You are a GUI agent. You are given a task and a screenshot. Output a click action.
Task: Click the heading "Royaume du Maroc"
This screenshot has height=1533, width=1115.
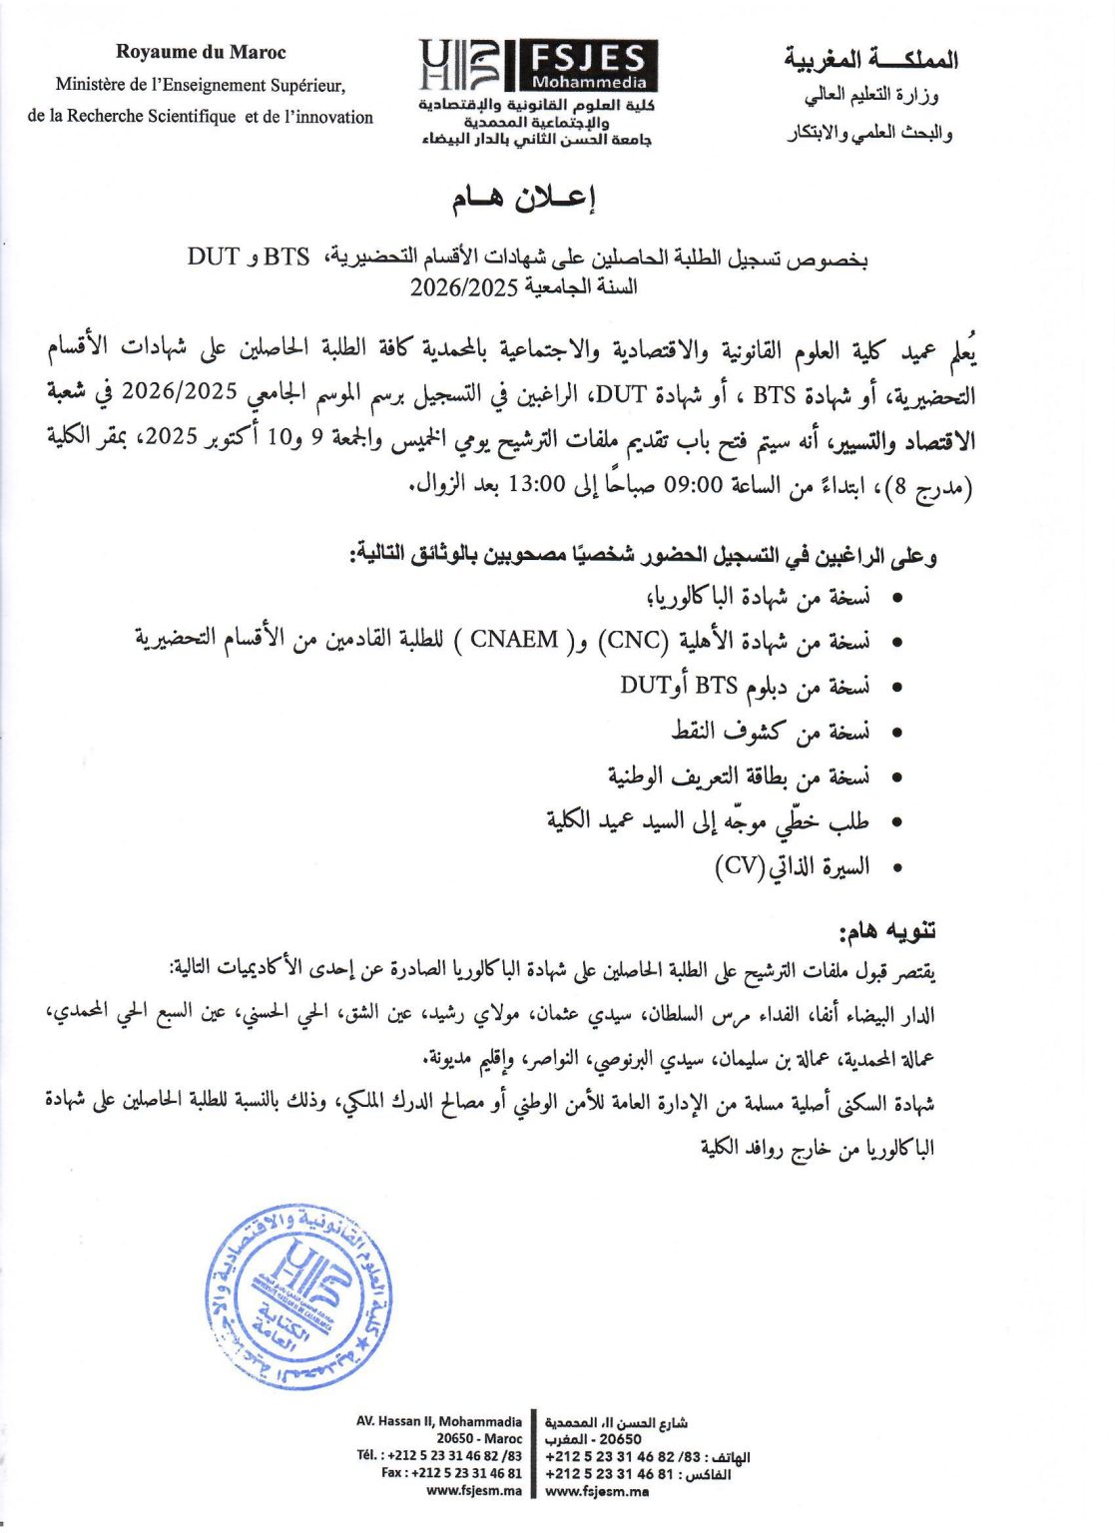coord(201,53)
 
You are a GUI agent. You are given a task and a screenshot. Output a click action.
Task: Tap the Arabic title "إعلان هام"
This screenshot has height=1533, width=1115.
coord(524,200)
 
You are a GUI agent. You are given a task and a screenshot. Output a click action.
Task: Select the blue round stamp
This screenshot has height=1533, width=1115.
coord(298,1295)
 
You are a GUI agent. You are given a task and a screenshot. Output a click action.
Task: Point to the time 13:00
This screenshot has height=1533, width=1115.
coord(537,486)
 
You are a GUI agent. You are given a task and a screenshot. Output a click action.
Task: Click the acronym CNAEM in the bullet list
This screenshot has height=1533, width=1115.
coord(514,640)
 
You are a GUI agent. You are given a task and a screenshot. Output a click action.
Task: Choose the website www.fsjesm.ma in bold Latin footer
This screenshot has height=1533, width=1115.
coord(473,1491)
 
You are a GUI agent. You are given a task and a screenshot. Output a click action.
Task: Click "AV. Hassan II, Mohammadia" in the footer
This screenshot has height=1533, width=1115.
coord(439,1421)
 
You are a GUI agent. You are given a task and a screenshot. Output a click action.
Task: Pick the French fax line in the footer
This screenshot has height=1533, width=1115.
coord(451,1473)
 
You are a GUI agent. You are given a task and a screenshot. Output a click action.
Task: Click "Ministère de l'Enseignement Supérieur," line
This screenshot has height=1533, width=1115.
coord(201,85)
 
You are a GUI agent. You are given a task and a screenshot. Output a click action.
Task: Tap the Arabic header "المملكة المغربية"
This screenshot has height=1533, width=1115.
coord(870,60)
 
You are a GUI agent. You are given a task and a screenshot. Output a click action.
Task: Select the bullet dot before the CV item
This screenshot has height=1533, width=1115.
coord(897,868)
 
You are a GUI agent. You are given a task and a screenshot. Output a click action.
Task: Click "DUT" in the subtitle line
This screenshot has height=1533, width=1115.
coord(213,256)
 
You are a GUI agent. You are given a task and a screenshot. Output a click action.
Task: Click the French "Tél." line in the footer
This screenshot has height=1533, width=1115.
coord(439,1456)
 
